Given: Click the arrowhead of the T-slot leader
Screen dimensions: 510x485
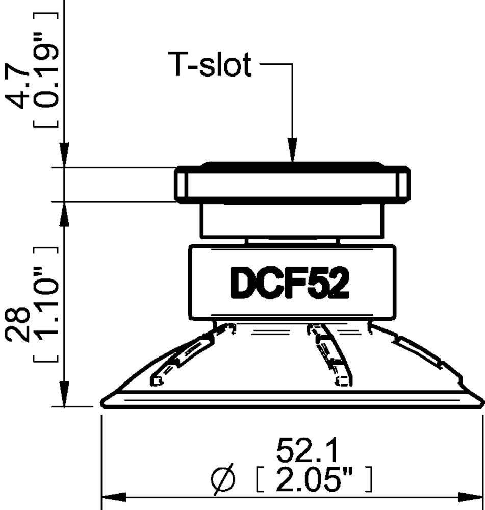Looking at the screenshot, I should [x=293, y=153].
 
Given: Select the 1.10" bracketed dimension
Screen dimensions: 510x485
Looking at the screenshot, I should [x=46, y=305].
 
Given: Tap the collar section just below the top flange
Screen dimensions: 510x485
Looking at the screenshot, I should [x=291, y=219].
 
